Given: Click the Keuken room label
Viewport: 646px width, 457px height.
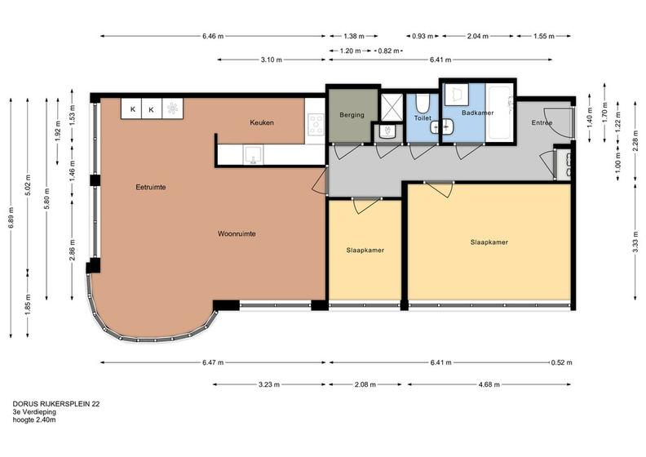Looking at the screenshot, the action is (x=262, y=122).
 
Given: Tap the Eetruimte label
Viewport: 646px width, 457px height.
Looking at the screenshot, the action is (x=151, y=187).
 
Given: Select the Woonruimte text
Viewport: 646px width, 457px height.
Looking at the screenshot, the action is (x=237, y=233).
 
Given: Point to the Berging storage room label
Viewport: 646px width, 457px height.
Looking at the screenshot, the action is (x=352, y=115).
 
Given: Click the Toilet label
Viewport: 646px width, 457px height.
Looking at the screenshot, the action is (x=423, y=118).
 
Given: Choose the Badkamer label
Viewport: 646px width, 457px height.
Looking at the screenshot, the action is (x=477, y=113).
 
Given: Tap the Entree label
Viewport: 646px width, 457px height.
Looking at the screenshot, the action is (x=542, y=122).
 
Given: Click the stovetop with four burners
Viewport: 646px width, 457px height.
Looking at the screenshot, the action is (x=316, y=124).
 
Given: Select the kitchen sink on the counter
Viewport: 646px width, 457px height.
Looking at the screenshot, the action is (x=253, y=154).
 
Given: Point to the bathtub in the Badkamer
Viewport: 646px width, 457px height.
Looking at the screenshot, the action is (x=500, y=112).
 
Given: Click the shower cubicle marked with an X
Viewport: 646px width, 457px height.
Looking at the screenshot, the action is (x=392, y=107).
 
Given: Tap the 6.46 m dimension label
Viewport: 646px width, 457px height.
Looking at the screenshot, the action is (x=213, y=36).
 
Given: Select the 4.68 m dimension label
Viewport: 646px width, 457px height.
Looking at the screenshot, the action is (x=489, y=384).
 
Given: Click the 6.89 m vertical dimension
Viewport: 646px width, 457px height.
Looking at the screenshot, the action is (x=11, y=217).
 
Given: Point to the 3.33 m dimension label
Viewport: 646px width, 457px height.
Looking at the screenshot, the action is (x=635, y=242).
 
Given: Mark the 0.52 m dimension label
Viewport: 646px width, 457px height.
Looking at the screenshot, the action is (x=561, y=362).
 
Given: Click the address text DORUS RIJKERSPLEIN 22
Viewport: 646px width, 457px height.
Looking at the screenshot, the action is (x=56, y=404).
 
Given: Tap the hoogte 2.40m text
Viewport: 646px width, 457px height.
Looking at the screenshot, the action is (x=34, y=420).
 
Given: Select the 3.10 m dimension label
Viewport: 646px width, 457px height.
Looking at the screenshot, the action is (x=272, y=60).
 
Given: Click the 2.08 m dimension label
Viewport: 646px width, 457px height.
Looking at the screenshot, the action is (x=365, y=384).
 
